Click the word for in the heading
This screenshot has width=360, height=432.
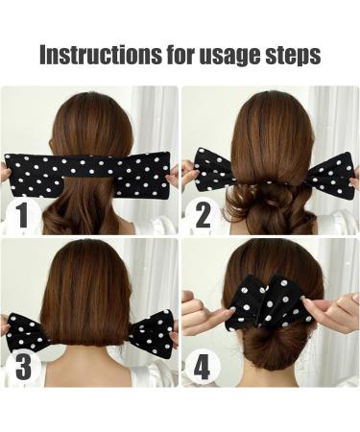pos(166,55)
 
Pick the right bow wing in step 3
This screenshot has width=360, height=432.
pos(152,332)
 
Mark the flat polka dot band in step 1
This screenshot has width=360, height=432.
pos(89,173)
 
